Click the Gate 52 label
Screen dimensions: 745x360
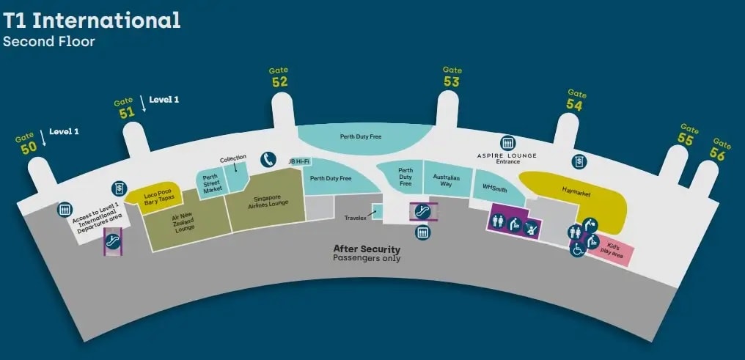tap(279, 77)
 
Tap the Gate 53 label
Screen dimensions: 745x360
tap(452, 76)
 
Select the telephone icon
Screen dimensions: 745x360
tap(268, 160)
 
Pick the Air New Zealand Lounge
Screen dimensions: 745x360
tap(186, 221)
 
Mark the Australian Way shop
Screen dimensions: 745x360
tap(447, 180)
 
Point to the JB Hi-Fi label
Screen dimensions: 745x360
tap(299, 162)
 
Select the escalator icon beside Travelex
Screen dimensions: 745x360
tap(422, 211)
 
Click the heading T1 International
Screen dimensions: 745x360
tap(92, 21)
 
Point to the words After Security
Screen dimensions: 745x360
tap(367, 249)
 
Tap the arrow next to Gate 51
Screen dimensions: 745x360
tap(143, 103)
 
